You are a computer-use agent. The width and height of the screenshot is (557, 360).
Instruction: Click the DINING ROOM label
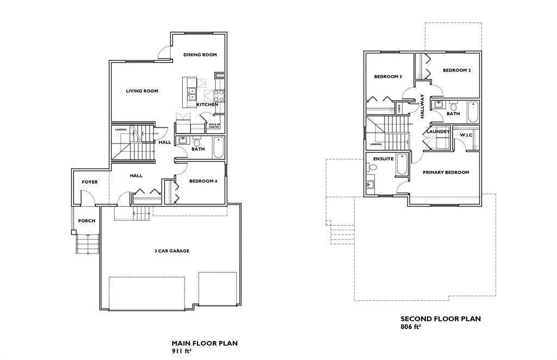[x=200, y=55]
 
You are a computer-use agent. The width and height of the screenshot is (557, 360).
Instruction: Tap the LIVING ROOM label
[x=142, y=91]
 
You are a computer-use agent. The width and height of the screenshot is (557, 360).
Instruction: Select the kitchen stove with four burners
[x=219, y=96]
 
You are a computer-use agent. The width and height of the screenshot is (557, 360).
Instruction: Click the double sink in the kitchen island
[x=191, y=93]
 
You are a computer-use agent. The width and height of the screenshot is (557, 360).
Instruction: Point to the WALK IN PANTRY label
[x=214, y=126]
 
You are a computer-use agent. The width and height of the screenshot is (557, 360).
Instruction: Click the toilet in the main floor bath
[x=197, y=142]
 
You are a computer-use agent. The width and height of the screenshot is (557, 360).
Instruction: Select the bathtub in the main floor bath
[x=218, y=147]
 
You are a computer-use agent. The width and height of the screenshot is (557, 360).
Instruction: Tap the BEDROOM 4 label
[x=203, y=181]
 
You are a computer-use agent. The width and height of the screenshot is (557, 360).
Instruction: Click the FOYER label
[x=90, y=182]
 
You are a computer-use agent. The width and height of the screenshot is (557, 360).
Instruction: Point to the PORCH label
[x=86, y=221]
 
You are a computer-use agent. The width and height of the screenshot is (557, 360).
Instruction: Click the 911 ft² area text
[x=182, y=351]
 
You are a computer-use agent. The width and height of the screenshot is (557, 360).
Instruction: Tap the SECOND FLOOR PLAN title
[x=441, y=319]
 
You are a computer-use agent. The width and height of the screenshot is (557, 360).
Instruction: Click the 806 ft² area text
[x=411, y=327]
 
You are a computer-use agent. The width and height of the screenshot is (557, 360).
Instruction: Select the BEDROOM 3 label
[x=388, y=77]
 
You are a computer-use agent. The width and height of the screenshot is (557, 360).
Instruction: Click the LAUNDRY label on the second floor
[x=437, y=132]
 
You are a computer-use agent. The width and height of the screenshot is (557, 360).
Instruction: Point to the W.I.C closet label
[x=466, y=135]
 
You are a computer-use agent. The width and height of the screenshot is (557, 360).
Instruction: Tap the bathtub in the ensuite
[x=401, y=165]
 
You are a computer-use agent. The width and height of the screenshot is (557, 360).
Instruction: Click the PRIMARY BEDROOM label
[x=446, y=172]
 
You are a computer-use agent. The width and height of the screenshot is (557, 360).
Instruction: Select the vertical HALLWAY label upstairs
[x=422, y=106]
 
